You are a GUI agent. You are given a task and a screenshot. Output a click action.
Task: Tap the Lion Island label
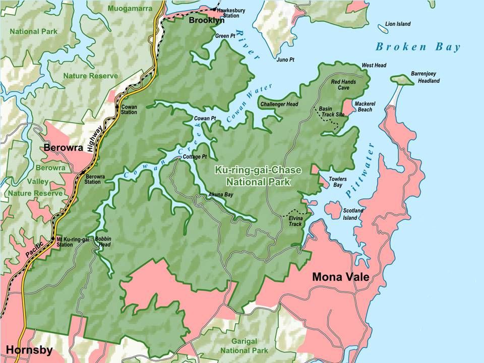point(397,24)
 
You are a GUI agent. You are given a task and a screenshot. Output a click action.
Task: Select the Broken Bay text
point(418,47)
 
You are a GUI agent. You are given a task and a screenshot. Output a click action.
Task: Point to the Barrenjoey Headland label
point(425,77)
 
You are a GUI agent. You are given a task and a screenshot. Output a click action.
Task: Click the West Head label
point(374,66)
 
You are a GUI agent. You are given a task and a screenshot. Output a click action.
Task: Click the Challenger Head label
point(279,104)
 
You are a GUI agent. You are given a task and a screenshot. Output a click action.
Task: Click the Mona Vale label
point(341,277)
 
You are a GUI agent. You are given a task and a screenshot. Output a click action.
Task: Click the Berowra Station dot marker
point(82,173)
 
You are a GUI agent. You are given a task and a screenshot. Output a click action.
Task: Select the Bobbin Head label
point(102,241)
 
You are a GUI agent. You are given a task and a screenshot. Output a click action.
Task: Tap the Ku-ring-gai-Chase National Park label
point(253,176)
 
